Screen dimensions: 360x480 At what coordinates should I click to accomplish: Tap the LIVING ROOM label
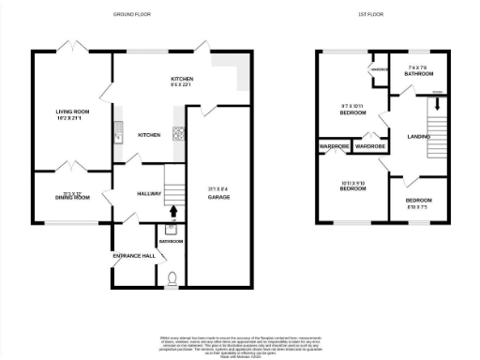pos(70,112)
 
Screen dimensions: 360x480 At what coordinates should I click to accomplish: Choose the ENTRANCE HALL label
pos(134,255)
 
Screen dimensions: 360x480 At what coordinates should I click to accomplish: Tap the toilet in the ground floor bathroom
pos(171,277)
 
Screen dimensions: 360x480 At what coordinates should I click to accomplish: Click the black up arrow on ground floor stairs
pos(172,211)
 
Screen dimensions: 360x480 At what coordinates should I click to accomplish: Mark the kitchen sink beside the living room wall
pos(118,134)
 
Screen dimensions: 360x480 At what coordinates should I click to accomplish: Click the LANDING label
pos(419,138)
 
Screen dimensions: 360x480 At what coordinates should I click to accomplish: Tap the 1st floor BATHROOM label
pos(418,73)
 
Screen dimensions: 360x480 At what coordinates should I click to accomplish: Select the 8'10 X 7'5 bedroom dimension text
pos(419,206)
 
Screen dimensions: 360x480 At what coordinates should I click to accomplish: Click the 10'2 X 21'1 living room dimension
pos(70,119)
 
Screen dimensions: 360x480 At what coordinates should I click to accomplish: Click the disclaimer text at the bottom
pos(239,341)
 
